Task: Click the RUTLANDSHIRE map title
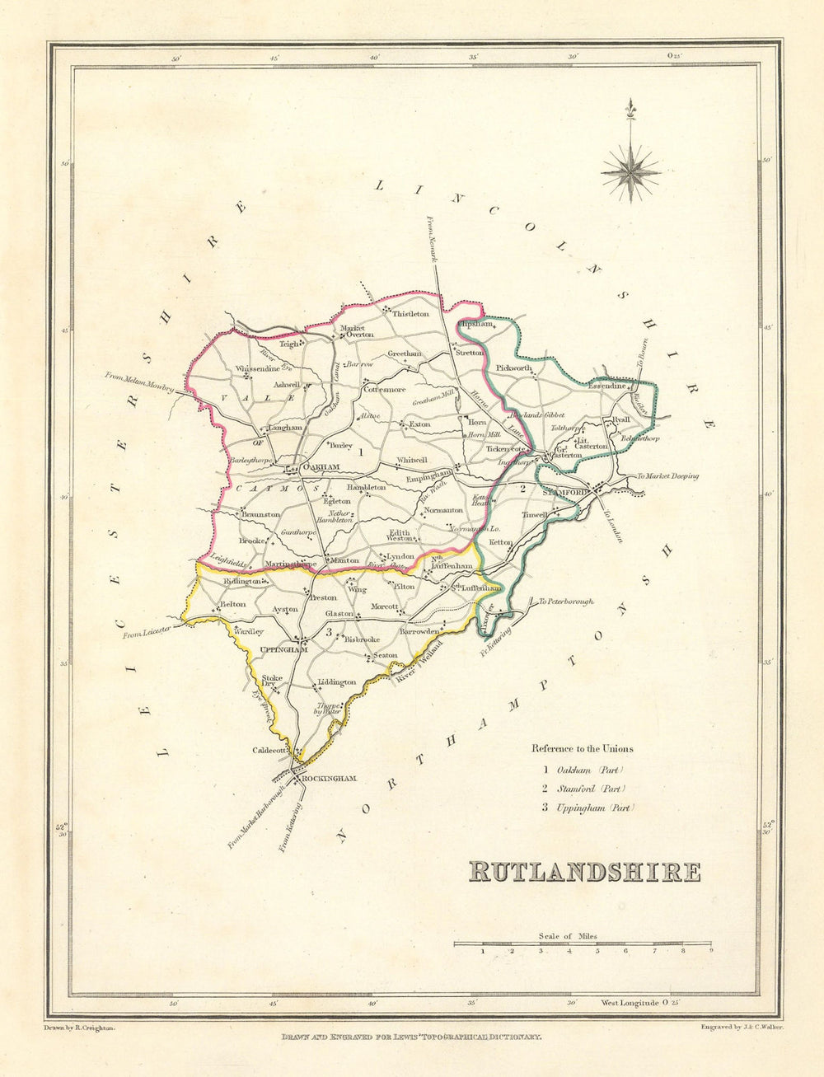pyautogui.click(x=585, y=873)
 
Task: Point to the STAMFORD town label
pyautogui.click(x=565, y=492)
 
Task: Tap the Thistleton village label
pyautogui.click(x=410, y=314)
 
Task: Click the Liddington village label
pyautogui.click(x=337, y=682)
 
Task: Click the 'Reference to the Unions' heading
pyautogui.click(x=582, y=749)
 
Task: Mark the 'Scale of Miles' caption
pyautogui.click(x=568, y=936)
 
